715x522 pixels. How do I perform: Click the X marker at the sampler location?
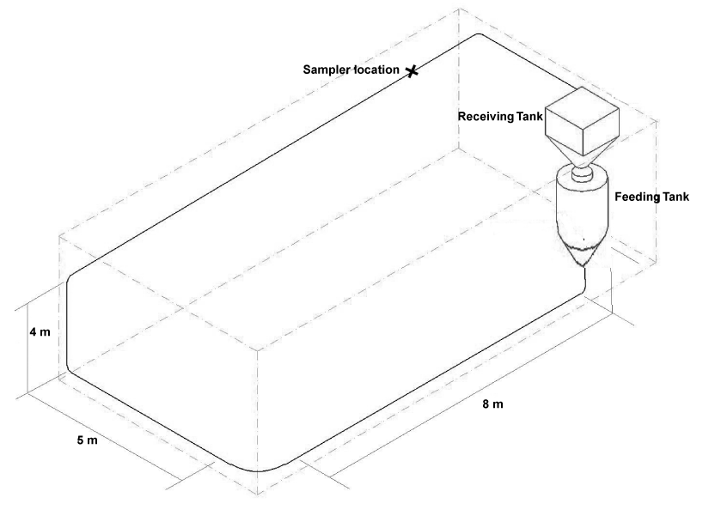coord(412,70)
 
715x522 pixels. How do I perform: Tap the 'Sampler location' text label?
coord(351,70)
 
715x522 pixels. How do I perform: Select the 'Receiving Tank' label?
coord(500,117)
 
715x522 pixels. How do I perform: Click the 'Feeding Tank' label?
coord(651,197)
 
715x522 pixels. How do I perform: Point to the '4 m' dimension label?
coord(40,332)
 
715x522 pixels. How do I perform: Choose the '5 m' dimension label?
coord(87,440)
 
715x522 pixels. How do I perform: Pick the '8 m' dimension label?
coord(493,404)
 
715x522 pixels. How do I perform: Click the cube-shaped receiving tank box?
coord(583,120)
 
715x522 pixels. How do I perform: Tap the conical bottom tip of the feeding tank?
coord(584,266)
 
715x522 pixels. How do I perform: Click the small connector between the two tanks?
coord(583,173)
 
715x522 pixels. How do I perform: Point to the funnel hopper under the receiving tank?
coord(583,150)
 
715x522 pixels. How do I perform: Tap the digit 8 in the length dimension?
coord(486,404)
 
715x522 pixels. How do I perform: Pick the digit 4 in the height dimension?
coord(34,332)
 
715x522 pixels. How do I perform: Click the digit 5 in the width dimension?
coord(80,440)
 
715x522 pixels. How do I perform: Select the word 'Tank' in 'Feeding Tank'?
coord(675,197)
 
